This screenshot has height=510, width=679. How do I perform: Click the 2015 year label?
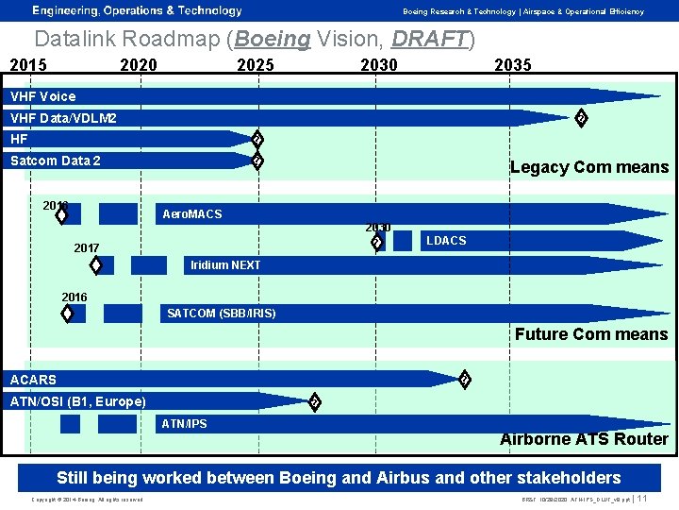[28, 65]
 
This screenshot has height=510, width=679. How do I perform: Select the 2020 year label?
[139, 65]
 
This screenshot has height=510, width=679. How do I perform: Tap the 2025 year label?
[256, 65]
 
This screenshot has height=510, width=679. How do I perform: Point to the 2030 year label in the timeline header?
[379, 65]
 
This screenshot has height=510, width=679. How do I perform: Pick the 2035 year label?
[513, 65]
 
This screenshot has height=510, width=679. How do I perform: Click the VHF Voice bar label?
[42, 96]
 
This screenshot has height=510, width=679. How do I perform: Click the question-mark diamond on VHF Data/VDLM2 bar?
[582, 118]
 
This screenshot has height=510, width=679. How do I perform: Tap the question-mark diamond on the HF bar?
[257, 140]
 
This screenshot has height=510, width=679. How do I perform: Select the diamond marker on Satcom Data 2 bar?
[257, 161]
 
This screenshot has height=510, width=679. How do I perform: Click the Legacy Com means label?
[588, 167]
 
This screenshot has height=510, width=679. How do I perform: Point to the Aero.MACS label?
[192, 214]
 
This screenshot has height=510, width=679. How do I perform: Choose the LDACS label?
[446, 241]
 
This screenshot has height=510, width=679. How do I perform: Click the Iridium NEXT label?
[225, 265]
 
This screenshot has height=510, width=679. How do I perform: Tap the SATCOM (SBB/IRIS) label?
[222, 314]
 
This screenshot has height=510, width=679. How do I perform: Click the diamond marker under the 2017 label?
[96, 264]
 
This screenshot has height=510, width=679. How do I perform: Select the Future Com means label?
[590, 334]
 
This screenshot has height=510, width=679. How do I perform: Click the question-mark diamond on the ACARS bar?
[464, 380]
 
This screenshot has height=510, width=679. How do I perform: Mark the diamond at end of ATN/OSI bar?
[315, 402]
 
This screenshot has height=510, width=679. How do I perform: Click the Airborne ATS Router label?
[583, 439]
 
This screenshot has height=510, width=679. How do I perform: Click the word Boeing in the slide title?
[273, 40]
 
